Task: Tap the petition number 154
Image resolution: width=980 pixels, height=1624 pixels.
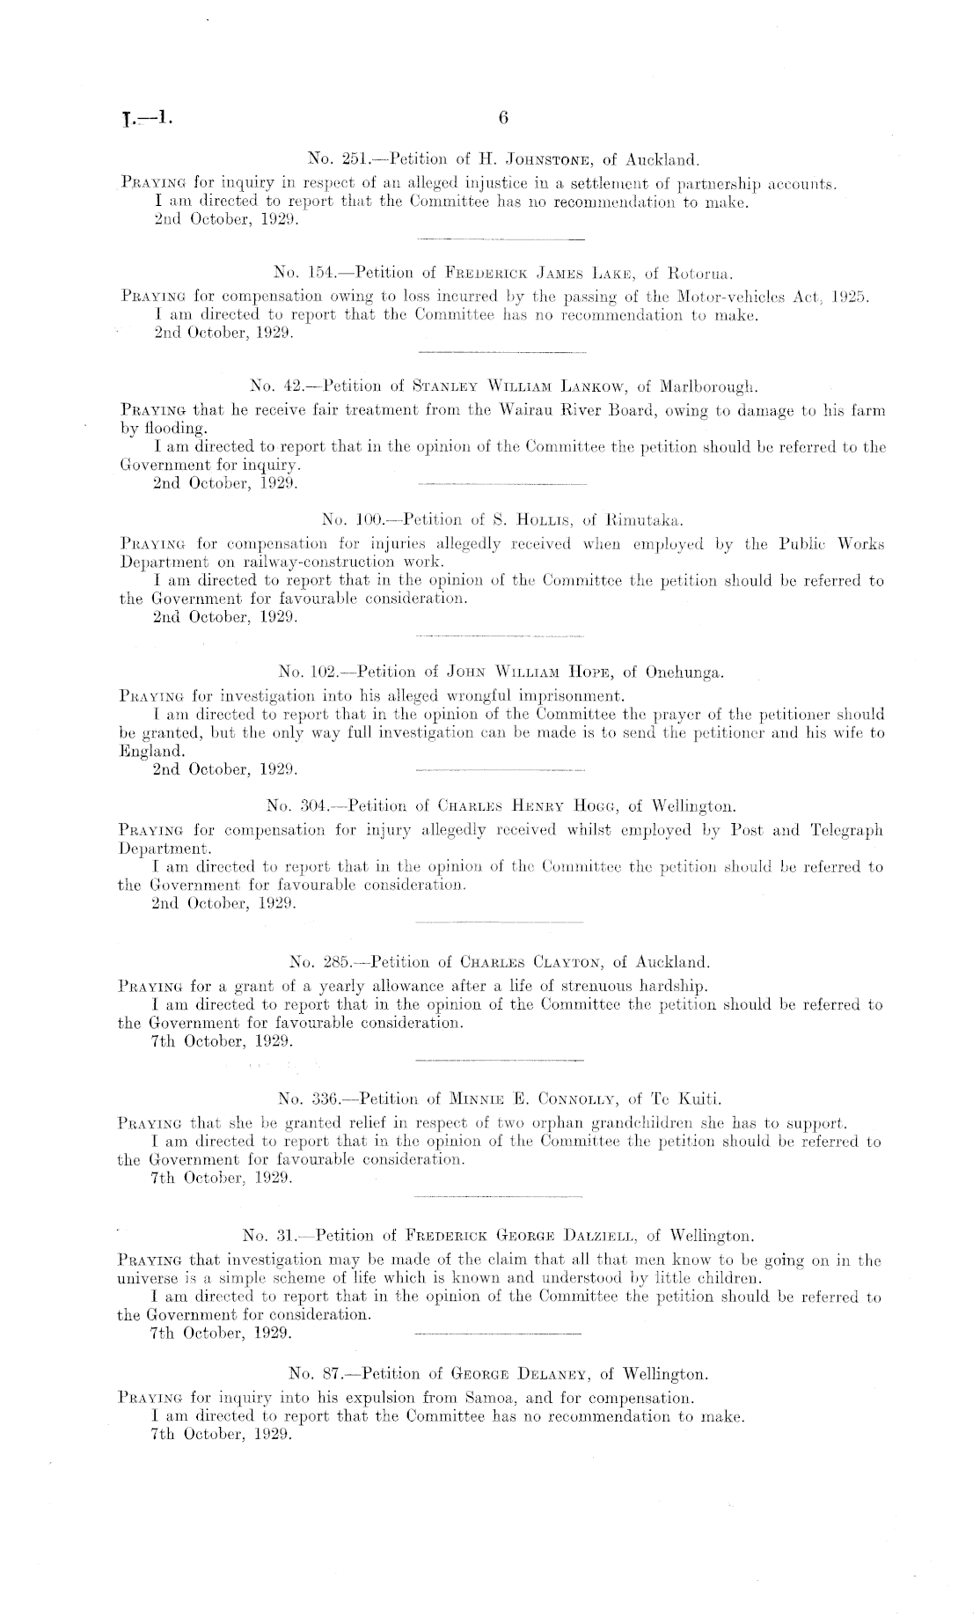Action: (x=312, y=269)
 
